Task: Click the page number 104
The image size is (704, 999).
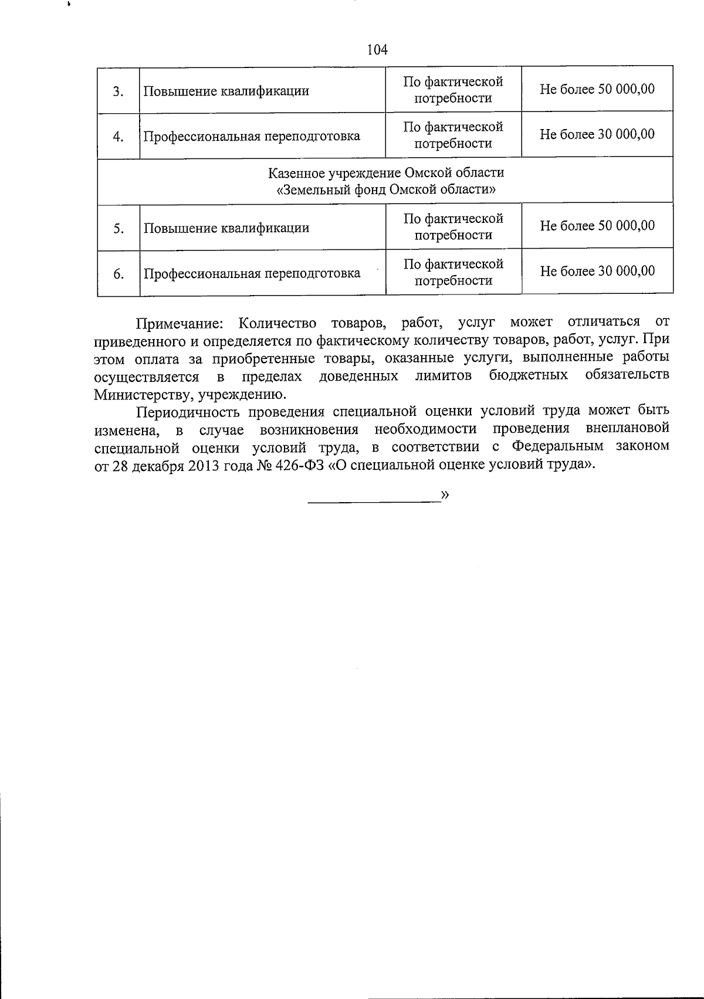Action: pos(377,50)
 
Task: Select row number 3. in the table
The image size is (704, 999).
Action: pos(118,92)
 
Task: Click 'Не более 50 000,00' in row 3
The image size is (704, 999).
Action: pos(597,89)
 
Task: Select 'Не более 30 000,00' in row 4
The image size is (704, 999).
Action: pos(597,134)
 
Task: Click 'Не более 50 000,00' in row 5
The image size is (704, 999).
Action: pos(597,226)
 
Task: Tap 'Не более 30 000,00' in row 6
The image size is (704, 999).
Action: pos(597,271)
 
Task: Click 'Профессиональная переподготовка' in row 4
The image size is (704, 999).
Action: pos(252,137)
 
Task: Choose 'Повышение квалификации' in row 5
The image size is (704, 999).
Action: pos(226,228)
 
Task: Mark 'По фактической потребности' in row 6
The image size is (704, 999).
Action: pos(453,272)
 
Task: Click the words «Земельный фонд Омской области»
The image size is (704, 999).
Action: pos(385,190)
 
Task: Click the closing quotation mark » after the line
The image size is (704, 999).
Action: pos(445,495)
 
